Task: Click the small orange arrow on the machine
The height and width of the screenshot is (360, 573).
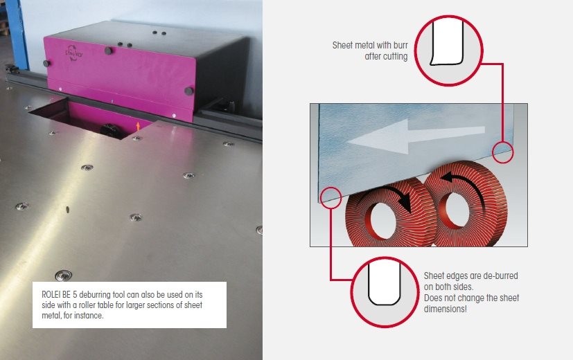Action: point(138,126)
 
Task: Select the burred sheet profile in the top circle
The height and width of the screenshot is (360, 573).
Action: point(447,43)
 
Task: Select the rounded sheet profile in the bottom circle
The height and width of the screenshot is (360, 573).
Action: point(384,284)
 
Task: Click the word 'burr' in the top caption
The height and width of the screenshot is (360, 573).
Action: point(400,45)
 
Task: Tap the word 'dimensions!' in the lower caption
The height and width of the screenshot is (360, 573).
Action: point(445,309)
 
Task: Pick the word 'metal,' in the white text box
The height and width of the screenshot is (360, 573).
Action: point(51,316)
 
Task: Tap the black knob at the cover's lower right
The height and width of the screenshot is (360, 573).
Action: point(189,91)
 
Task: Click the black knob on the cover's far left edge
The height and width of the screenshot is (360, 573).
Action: point(47,64)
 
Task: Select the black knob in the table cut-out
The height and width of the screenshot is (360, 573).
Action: point(108,129)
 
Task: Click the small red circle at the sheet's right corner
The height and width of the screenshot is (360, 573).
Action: point(503,152)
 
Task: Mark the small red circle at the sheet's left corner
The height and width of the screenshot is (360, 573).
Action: point(331,197)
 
